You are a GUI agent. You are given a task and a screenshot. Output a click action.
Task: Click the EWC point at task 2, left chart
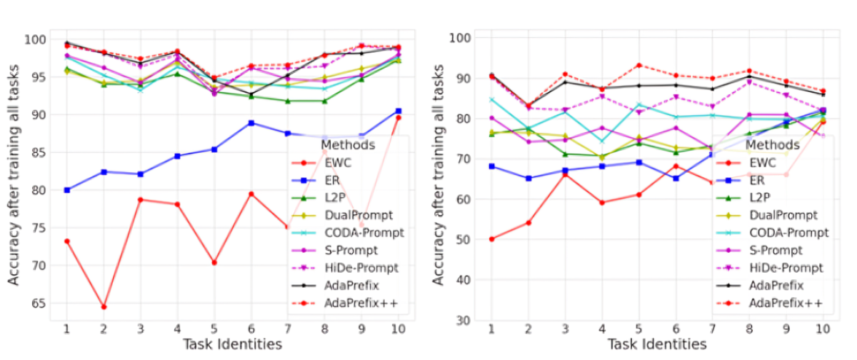coord(104,307)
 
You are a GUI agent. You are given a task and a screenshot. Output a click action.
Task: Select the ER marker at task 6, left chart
coord(251,123)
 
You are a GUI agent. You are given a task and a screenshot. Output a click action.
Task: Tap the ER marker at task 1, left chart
coord(66,190)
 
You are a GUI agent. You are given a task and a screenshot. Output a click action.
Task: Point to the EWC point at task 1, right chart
coord(491,239)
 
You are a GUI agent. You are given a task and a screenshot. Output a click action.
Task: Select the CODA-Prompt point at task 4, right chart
coord(601,141)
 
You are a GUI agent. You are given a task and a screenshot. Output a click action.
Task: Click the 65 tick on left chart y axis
coord(36,303)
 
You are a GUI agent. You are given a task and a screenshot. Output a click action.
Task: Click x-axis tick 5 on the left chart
coord(214,329)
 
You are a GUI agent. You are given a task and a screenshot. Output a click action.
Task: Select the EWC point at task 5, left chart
coord(214,263)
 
